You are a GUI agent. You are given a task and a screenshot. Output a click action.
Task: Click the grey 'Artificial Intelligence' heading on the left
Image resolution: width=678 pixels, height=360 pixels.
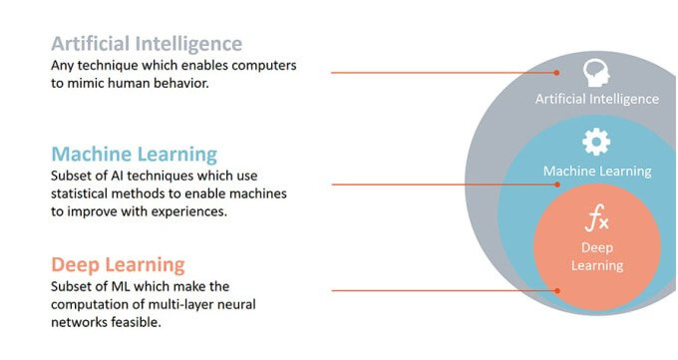pyautogui.click(x=147, y=44)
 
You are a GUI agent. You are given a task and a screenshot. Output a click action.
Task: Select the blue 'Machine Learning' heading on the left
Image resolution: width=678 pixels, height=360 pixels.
pyautogui.click(x=134, y=155)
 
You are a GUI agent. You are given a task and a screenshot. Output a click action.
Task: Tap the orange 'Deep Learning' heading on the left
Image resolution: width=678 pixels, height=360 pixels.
pyautogui.click(x=118, y=264)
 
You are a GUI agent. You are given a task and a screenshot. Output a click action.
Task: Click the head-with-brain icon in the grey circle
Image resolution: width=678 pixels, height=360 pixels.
pyautogui.click(x=596, y=72)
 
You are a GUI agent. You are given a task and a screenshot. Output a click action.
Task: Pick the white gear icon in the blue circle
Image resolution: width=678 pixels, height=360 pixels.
pyautogui.click(x=596, y=143)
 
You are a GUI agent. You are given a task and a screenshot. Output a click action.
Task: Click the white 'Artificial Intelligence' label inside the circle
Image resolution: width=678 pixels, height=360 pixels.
pyautogui.click(x=596, y=99)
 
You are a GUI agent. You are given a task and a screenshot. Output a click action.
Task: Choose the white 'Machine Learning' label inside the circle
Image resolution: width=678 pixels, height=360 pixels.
pyautogui.click(x=596, y=171)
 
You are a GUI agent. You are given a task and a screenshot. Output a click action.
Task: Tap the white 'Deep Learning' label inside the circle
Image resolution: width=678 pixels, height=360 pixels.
pyautogui.click(x=596, y=256)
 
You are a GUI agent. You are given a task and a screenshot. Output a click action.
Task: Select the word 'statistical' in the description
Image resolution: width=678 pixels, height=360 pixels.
pyautogui.click(x=87, y=193)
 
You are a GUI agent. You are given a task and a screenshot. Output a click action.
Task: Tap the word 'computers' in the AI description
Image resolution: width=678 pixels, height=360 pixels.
pyautogui.click(x=262, y=65)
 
